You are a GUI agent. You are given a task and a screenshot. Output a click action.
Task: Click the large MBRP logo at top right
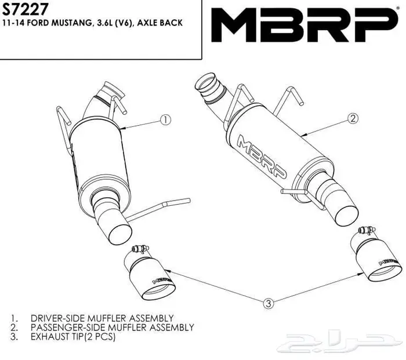[304, 25]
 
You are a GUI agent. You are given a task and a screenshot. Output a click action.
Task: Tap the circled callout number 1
[166, 119]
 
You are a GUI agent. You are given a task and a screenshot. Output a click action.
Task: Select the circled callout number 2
[353, 118]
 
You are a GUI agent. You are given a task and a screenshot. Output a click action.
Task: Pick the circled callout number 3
[269, 303]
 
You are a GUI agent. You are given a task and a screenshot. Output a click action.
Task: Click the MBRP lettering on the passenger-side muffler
[262, 157]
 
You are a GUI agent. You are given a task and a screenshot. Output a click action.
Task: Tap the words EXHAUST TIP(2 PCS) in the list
[73, 337]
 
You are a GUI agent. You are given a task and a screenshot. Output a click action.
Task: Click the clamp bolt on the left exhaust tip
[140, 249]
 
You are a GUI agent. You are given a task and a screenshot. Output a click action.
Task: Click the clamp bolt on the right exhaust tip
[367, 230]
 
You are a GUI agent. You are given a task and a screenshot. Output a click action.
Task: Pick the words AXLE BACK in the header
[160, 23]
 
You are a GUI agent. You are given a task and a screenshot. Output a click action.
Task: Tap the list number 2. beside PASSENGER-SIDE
[14, 328]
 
